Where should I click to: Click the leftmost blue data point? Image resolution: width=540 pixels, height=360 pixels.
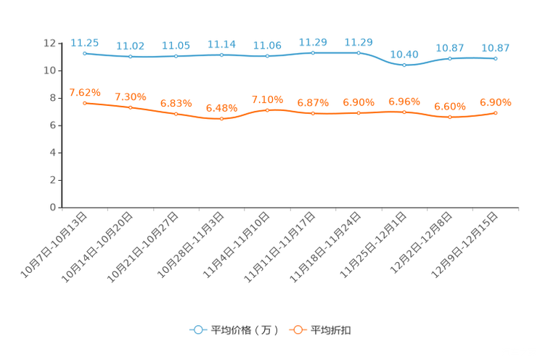tap(85, 53)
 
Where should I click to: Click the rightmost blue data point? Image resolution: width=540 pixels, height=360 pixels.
tap(495, 59)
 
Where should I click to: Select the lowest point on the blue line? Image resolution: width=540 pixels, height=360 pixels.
tap(404, 65)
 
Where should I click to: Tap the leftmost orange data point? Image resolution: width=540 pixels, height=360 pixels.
tap(85, 103)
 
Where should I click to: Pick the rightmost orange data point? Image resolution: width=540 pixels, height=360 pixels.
tap(496, 112)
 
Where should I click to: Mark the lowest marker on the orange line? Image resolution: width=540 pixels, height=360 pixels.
tap(221, 118)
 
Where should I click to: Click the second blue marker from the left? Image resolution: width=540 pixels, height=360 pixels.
tap(130, 56)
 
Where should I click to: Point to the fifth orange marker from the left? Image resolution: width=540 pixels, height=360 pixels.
tap(267, 110)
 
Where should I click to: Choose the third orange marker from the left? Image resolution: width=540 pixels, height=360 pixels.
tap(176, 114)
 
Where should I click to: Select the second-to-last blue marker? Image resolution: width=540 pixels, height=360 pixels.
tap(450, 58)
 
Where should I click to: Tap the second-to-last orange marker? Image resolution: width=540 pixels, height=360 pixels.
tap(450, 117)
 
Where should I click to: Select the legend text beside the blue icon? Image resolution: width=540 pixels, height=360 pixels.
tap(244, 330)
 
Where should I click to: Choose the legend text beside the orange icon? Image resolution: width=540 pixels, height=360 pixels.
tap(331, 330)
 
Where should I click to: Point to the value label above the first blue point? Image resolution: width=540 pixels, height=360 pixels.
tap(85, 43)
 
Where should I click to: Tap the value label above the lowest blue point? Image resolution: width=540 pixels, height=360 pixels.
tap(404, 54)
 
